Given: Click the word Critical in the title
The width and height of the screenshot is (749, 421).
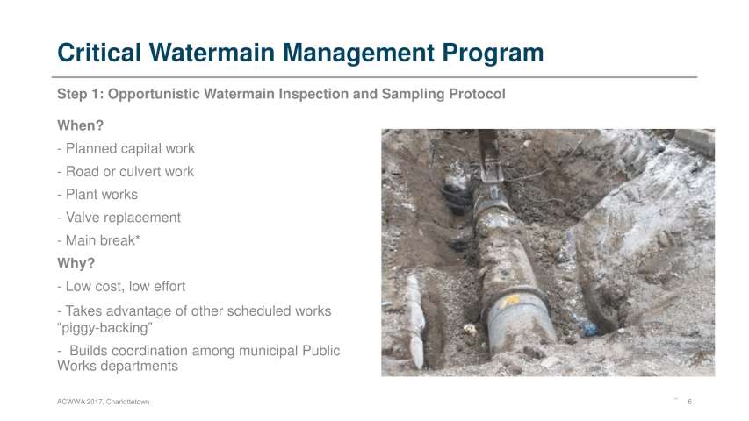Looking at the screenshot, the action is click(x=99, y=53).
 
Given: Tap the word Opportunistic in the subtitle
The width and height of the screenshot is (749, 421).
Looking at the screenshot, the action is click(x=154, y=94).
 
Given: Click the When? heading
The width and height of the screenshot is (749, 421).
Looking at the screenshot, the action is click(x=80, y=125).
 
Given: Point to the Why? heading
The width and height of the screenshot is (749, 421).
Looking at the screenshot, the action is click(x=76, y=263).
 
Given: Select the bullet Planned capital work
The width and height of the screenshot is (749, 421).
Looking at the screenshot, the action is click(x=126, y=149).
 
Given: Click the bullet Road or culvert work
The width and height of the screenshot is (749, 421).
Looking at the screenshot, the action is click(x=126, y=171).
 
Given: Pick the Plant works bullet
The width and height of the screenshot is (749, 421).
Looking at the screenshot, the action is click(x=97, y=194).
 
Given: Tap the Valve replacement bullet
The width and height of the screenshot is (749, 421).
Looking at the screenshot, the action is click(x=119, y=218).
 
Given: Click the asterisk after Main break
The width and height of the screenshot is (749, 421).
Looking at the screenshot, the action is click(x=138, y=237).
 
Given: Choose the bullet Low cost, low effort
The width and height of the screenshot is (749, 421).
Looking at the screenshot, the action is click(x=121, y=287).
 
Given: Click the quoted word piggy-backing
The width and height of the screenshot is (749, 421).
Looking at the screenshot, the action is click(x=104, y=328).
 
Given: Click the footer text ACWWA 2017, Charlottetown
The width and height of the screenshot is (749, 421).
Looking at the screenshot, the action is click(x=104, y=402).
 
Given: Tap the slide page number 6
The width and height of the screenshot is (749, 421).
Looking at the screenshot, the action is click(x=690, y=402).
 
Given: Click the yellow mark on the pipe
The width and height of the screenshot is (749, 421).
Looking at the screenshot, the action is click(x=510, y=301).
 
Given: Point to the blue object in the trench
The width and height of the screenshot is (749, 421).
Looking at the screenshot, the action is click(x=589, y=328).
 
